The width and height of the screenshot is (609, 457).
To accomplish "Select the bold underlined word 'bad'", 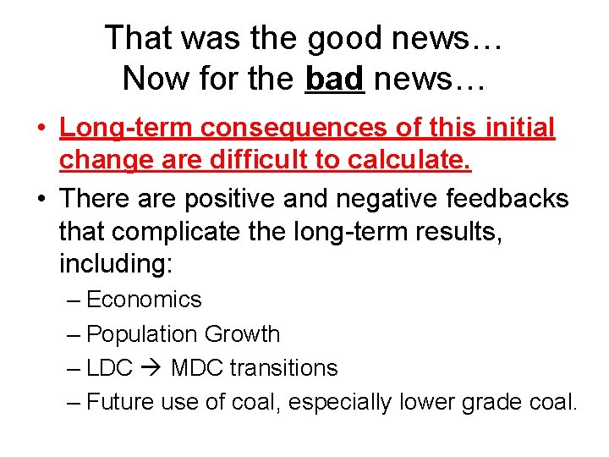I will [x=334, y=79].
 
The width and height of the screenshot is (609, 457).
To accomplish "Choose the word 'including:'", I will [x=116, y=263].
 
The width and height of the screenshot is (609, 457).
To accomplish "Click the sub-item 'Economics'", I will [x=144, y=300].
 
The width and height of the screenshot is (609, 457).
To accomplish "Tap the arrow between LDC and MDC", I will [x=154, y=369].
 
